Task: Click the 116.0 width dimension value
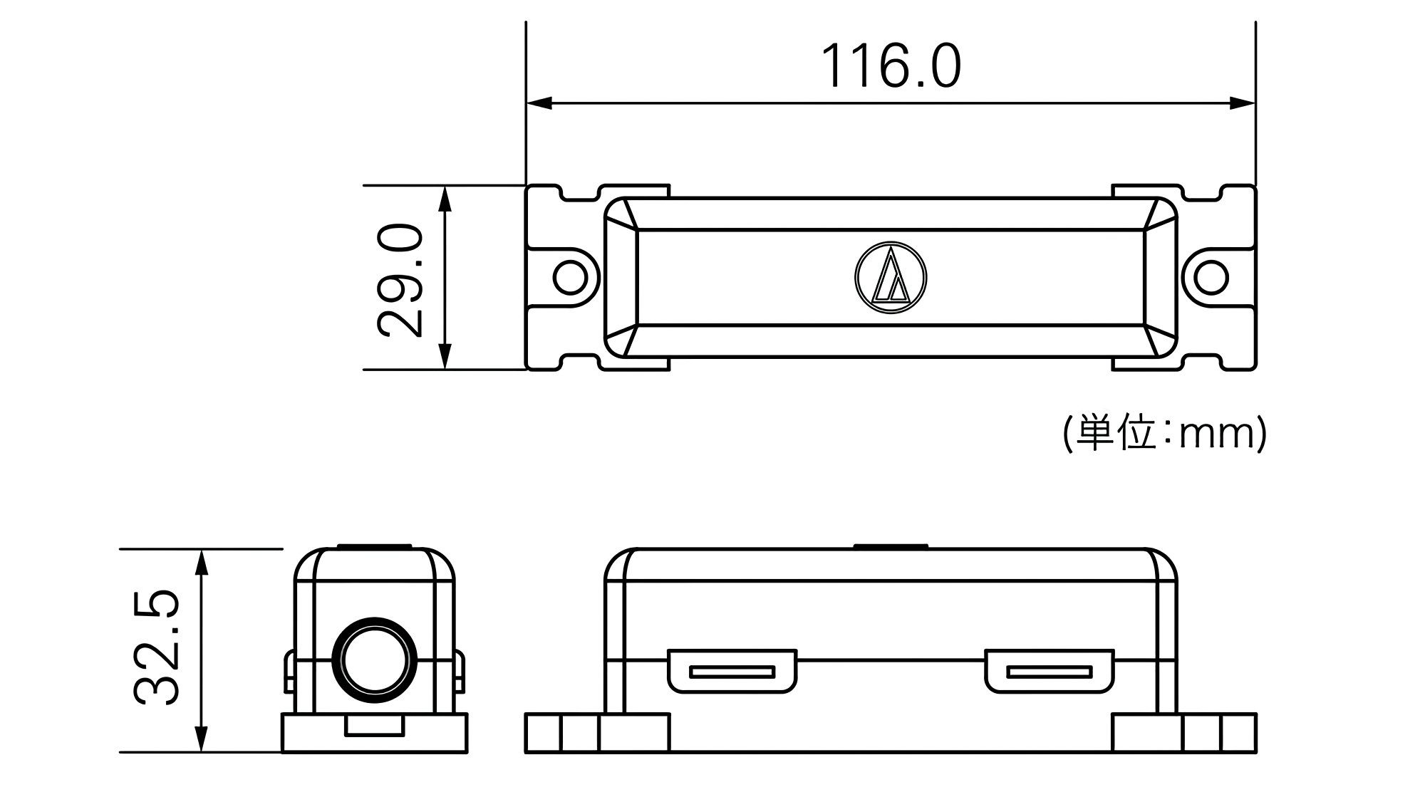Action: (891, 66)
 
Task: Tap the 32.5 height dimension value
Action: (156, 647)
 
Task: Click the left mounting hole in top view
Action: (570, 277)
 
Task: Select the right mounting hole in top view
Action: (1211, 277)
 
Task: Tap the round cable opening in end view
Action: (375, 659)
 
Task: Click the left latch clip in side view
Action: (732, 671)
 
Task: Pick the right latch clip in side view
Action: (1049, 671)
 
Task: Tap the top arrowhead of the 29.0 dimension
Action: (445, 199)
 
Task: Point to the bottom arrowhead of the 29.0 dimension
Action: (445, 356)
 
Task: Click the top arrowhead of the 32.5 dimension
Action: (202, 563)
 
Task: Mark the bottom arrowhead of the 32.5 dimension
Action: (202, 739)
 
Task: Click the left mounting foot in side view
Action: (597, 733)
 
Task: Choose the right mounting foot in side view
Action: (1184, 733)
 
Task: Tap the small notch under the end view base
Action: (375, 725)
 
